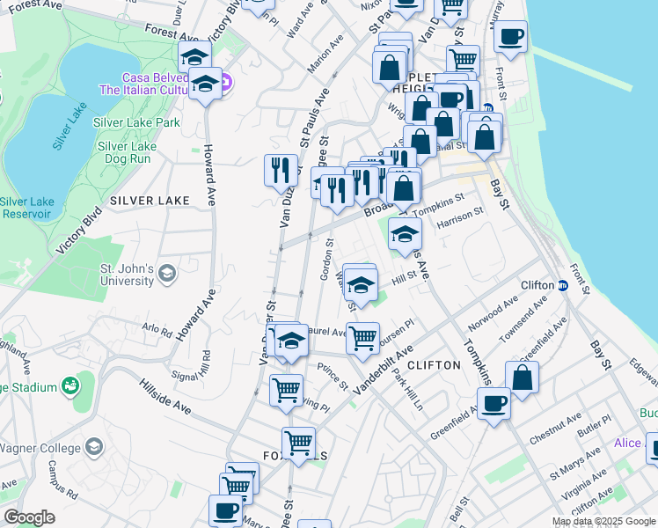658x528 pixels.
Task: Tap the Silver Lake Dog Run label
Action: click(x=127, y=152)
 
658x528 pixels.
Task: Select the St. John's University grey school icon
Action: click(x=165, y=275)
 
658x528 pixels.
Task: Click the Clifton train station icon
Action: click(x=563, y=284)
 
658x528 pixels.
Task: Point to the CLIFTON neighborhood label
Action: click(x=435, y=364)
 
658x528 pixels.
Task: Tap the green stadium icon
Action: click(x=68, y=386)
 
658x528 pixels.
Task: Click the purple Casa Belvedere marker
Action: click(x=224, y=84)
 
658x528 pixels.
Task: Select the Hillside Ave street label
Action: click(x=164, y=396)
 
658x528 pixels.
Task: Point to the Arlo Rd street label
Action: click(x=157, y=331)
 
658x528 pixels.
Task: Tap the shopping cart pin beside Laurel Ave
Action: click(x=362, y=337)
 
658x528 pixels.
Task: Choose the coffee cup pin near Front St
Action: click(x=510, y=36)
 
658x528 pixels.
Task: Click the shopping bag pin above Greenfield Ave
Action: click(x=522, y=377)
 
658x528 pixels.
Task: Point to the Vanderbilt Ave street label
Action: click(x=383, y=370)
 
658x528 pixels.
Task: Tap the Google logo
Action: click(x=29, y=517)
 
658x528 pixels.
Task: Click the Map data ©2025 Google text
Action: click(x=603, y=521)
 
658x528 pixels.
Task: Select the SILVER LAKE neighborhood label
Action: click(x=150, y=201)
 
